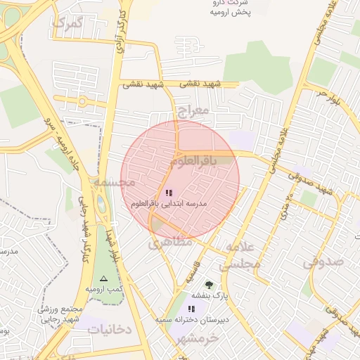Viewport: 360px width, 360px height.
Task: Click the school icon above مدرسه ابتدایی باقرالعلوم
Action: pyautogui.click(x=169, y=192)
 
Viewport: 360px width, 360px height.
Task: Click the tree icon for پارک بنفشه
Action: pyautogui.click(x=208, y=285)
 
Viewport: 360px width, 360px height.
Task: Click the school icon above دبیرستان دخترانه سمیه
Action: pyautogui.click(x=191, y=309)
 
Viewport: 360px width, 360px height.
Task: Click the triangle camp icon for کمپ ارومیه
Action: pyautogui.click(x=104, y=278)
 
